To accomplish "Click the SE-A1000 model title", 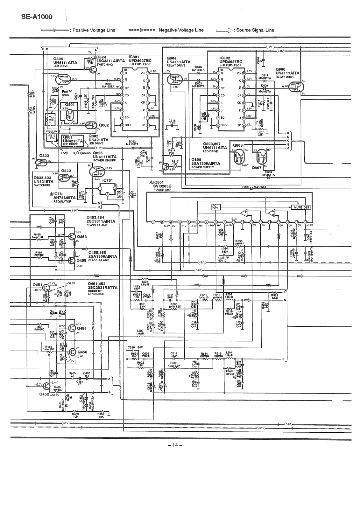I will click(x=37, y=17).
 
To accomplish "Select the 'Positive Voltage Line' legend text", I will click(x=94, y=30).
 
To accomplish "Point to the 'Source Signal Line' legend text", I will click(x=255, y=30).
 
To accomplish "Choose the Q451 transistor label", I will click(x=37, y=284).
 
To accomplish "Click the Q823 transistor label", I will click(x=45, y=156).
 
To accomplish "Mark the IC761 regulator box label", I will click(x=108, y=180).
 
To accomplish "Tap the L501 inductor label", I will click(x=145, y=282).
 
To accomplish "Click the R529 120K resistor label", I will click(x=274, y=296).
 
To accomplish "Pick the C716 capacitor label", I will click(x=172, y=121).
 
